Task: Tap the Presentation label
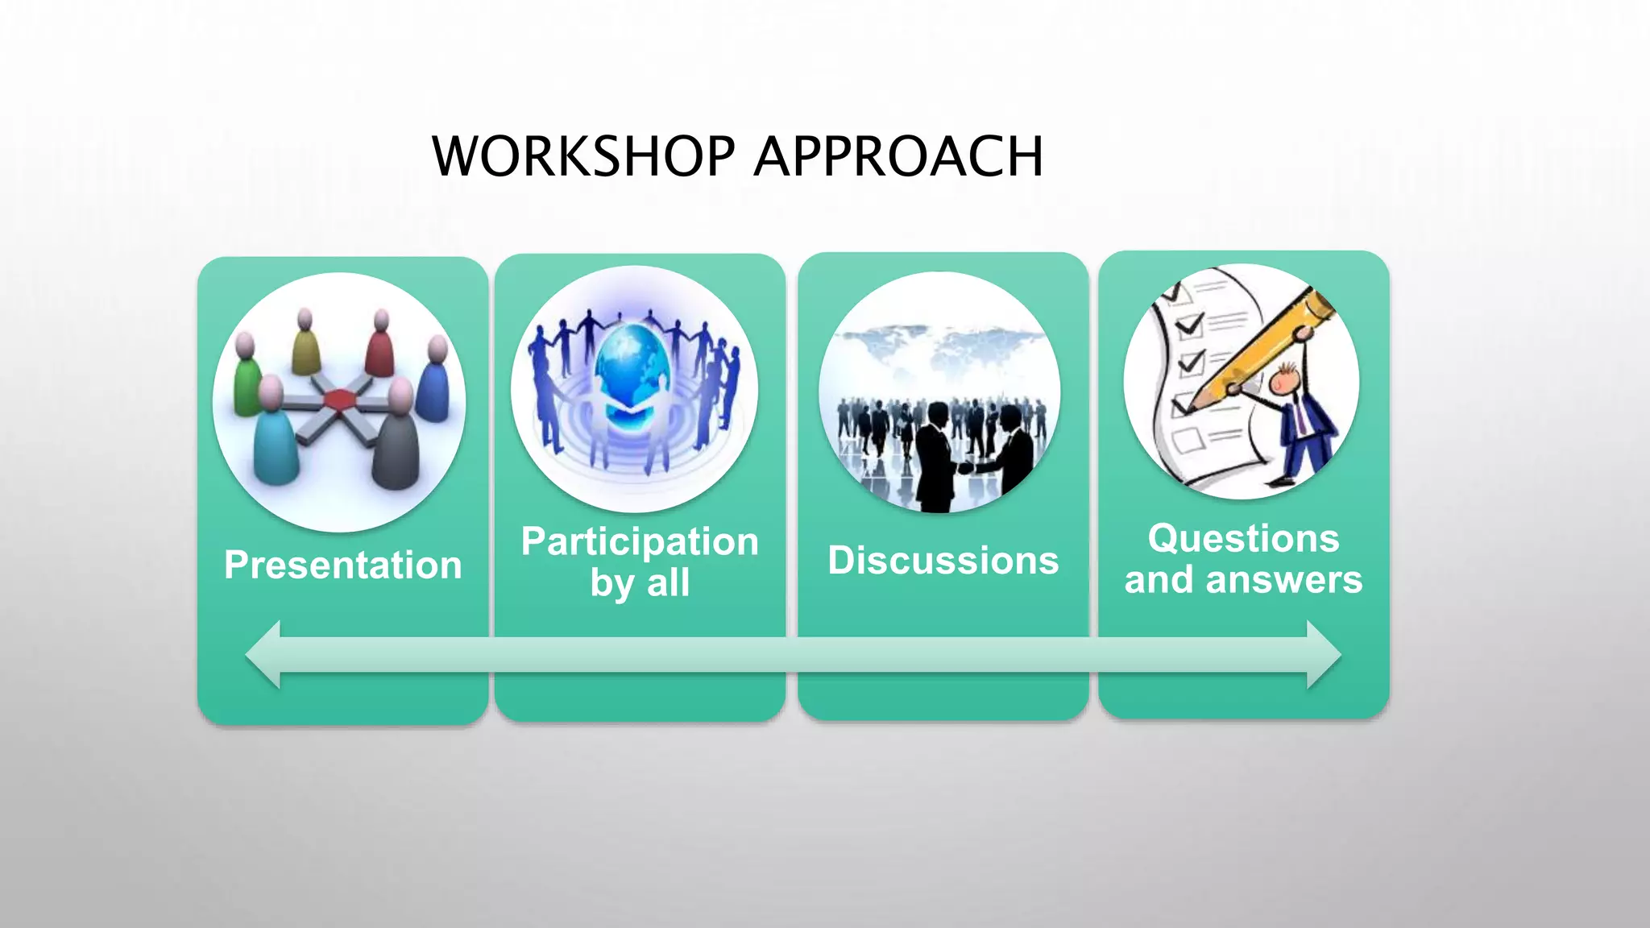pos(343,565)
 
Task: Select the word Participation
pos(640,541)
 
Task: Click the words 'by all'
pos(640,582)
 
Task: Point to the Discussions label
pos(943,561)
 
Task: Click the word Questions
pos(1243,538)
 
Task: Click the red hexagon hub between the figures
pos(339,399)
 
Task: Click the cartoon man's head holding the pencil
pos(1285,379)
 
